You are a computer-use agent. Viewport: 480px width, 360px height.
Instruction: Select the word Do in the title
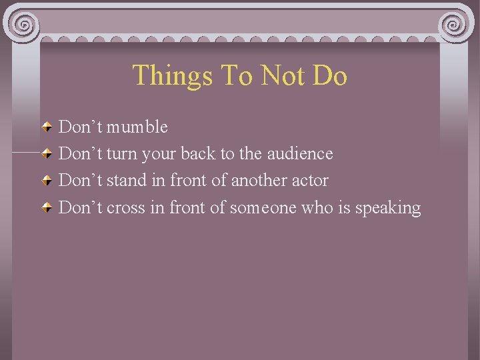[329, 75]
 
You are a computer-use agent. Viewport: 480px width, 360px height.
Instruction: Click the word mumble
[137, 127]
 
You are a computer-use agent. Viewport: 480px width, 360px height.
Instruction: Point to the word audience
[299, 153]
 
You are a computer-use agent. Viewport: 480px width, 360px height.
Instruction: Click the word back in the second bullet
[198, 153]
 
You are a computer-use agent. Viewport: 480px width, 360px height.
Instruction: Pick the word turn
[121, 153]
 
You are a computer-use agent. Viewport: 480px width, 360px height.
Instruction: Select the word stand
[125, 180]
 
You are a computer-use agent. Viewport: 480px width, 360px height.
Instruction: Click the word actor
[310, 180]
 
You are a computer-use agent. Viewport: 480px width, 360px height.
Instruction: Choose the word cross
[126, 207]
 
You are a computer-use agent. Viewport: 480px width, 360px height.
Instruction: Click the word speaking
[388, 208]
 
